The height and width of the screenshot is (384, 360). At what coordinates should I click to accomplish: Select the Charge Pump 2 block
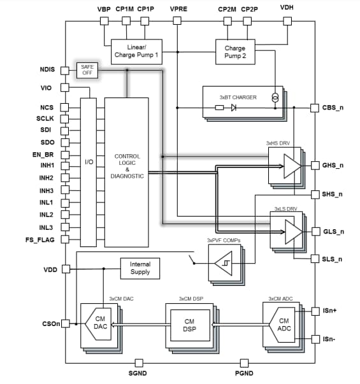point(234,52)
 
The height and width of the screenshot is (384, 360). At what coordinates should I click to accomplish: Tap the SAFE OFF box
point(86,70)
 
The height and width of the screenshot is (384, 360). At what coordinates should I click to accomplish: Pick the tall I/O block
point(88,172)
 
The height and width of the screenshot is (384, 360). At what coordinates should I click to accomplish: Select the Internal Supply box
point(140,268)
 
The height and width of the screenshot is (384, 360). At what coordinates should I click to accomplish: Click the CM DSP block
point(189,325)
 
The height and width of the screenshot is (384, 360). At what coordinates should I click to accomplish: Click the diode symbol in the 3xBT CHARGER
point(234,108)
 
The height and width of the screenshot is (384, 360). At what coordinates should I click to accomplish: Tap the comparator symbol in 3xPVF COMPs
point(224,262)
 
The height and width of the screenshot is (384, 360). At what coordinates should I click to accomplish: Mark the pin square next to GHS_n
point(314,165)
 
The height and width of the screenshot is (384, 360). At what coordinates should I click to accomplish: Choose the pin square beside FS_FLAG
point(65,239)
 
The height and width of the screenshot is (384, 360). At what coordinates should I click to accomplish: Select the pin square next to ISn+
point(314,311)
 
